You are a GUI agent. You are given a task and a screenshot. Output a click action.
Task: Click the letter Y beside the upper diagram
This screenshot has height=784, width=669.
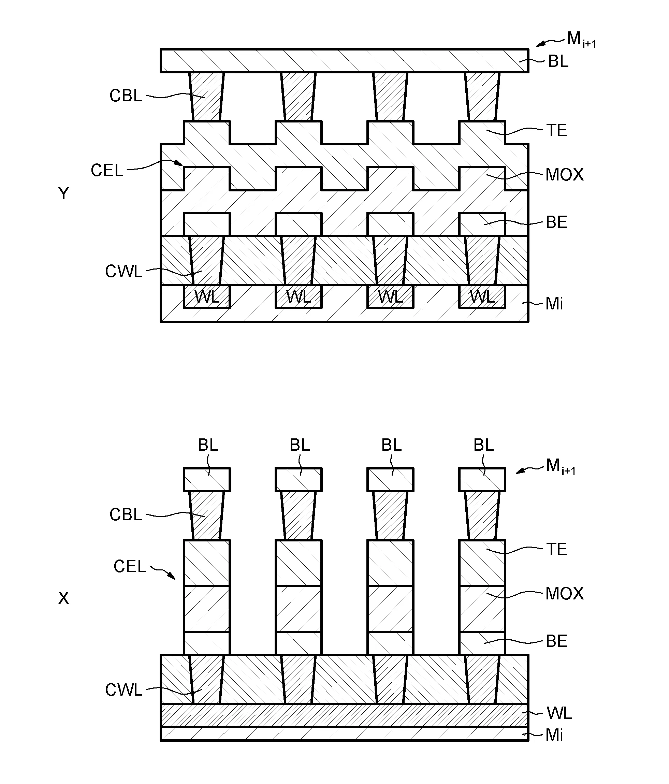click(x=63, y=193)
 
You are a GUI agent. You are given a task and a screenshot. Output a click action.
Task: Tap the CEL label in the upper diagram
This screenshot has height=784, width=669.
click(x=107, y=170)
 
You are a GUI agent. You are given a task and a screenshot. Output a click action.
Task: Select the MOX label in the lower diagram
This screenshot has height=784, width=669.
click(x=565, y=594)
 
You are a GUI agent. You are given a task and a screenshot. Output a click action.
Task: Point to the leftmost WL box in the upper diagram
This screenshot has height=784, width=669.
click(x=207, y=297)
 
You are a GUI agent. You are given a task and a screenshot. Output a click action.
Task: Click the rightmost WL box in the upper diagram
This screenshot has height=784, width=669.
click(x=482, y=297)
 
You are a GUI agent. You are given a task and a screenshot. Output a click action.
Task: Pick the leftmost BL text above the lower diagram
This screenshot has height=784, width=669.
click(x=208, y=445)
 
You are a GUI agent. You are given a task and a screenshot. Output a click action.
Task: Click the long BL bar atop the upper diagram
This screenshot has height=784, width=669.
click(x=344, y=60)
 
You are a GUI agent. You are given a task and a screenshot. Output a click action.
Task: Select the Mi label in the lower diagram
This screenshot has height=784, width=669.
click(x=554, y=735)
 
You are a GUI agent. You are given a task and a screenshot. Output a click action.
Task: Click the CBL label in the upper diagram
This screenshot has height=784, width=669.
click(x=126, y=96)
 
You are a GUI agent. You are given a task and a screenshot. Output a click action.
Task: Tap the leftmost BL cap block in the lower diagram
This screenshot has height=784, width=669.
click(x=207, y=479)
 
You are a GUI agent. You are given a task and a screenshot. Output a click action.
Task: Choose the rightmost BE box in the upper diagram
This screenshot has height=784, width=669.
click(x=482, y=224)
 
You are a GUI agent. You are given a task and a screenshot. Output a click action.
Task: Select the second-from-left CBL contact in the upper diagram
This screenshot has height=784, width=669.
click(x=298, y=97)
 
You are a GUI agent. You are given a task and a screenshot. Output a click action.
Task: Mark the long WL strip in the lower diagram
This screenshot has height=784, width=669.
click(x=344, y=715)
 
